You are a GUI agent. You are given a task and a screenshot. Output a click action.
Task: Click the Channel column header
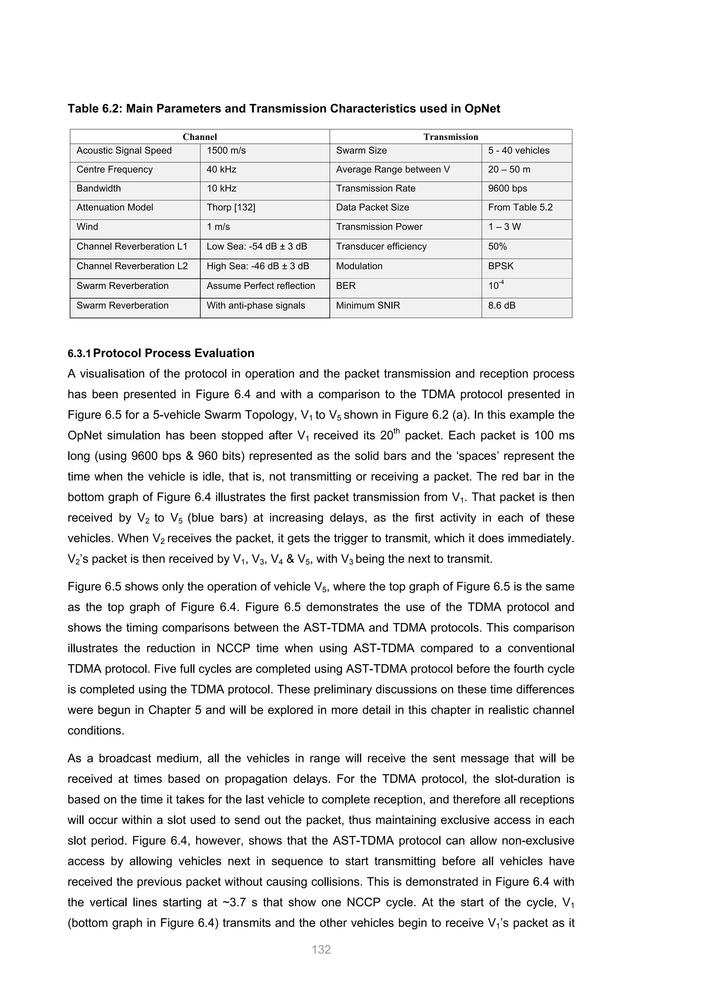(x=199, y=137)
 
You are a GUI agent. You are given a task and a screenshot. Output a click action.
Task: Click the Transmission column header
(x=450, y=137)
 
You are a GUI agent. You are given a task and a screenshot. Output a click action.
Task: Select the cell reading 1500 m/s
(x=226, y=150)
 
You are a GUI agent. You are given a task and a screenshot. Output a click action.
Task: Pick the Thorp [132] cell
(x=231, y=207)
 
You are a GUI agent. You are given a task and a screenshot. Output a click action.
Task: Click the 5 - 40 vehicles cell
(x=519, y=150)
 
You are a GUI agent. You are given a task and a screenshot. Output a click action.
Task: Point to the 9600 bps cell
(x=507, y=189)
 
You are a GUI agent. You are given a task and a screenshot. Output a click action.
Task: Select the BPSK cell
(x=501, y=266)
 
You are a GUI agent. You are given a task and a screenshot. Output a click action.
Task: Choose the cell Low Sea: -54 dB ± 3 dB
(x=257, y=246)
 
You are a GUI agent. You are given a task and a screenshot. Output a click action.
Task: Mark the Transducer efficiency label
(x=381, y=246)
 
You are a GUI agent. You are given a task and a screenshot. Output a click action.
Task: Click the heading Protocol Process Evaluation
(x=174, y=353)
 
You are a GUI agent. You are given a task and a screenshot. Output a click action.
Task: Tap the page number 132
(x=321, y=949)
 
